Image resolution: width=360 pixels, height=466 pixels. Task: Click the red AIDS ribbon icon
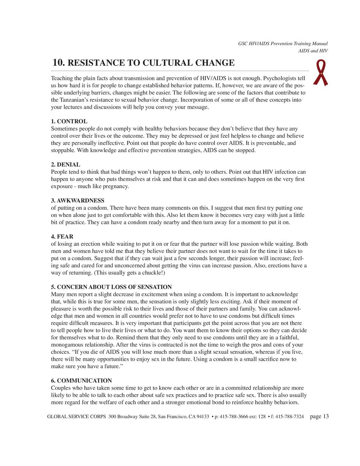tap(321, 72)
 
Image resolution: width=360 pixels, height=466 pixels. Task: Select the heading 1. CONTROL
tap(69, 121)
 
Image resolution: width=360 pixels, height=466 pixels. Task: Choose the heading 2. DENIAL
tap(66, 165)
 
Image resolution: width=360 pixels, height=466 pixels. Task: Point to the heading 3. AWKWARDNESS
tap(78, 200)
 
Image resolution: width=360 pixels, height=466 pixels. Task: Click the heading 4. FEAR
tap(62, 237)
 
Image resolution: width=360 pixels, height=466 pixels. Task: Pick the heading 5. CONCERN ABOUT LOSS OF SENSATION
tap(111, 287)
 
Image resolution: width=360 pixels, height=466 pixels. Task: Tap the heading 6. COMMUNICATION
tap(82, 381)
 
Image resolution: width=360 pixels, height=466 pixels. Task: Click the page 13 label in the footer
tap(320, 416)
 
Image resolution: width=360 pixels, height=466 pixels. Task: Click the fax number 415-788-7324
tap(289, 417)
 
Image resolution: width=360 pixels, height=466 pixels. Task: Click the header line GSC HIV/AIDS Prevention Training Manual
tap(283, 44)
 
